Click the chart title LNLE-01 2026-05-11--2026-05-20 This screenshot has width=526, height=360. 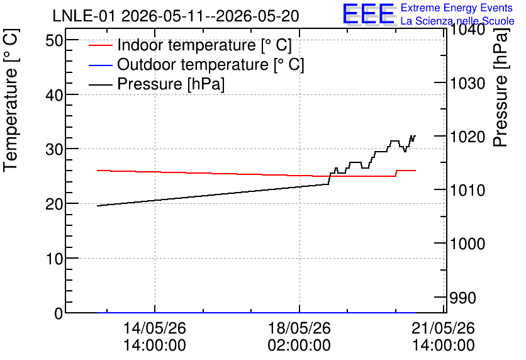pos(176,16)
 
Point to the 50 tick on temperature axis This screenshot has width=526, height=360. pos(54,41)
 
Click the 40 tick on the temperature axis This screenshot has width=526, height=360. pos(54,95)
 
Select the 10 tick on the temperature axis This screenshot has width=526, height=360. pos(54,259)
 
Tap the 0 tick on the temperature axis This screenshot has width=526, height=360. pos(59,313)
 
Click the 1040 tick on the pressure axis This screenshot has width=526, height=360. pos(467,30)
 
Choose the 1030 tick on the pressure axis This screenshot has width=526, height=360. pos(467,83)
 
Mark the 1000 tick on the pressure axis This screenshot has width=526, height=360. pos(467,244)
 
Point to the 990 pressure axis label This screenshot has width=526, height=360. pos(462,298)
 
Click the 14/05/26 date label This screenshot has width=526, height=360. pos(155,328)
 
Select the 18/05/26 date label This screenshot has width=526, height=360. pos(299,328)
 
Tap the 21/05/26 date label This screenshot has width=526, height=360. pos(444,328)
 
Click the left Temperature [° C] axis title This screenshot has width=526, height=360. pos(11,101)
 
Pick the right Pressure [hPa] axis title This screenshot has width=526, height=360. pos(501,87)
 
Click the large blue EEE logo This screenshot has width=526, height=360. pos(369,13)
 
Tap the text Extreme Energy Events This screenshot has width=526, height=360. pos(457,8)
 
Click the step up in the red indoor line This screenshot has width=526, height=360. pos(396,173)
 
